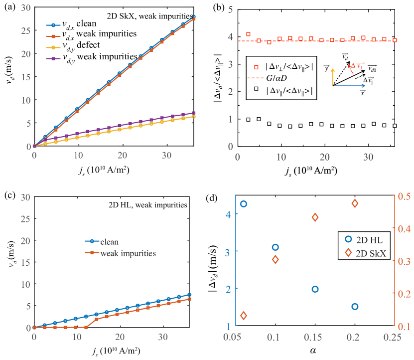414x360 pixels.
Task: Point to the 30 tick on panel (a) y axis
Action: (x=24, y=7)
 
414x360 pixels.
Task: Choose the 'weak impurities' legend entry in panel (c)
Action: (x=129, y=253)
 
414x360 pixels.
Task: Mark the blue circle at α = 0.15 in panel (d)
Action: (x=315, y=289)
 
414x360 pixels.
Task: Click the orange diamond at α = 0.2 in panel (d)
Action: (x=355, y=203)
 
